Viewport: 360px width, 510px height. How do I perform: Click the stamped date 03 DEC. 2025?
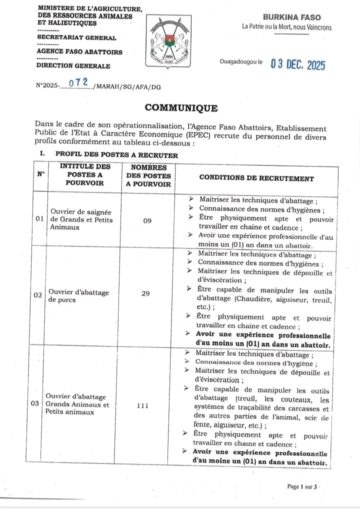coord(297,64)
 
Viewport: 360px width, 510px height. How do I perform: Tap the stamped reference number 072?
coord(79,83)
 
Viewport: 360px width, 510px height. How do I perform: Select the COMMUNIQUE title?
coord(181,108)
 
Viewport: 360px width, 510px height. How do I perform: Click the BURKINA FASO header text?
coord(292,17)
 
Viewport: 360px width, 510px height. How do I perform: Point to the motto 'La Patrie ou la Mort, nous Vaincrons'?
coord(286,27)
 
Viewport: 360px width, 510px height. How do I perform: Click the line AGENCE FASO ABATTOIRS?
coord(79,51)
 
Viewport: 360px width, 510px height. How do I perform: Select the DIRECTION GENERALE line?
coord(73,65)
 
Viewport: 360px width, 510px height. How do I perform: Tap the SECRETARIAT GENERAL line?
coord(76,37)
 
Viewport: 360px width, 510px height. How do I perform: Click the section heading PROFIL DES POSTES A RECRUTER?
coord(116,155)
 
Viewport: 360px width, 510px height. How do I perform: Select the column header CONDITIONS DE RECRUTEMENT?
coord(256,178)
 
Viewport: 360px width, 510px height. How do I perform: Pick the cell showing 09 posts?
coord(147,220)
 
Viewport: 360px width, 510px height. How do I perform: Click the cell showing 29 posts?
coord(145,293)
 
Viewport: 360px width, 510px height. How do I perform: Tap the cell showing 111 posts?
coord(142,405)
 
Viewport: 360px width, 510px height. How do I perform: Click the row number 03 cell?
coord(35,403)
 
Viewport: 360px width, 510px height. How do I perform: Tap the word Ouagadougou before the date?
coord(237,61)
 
